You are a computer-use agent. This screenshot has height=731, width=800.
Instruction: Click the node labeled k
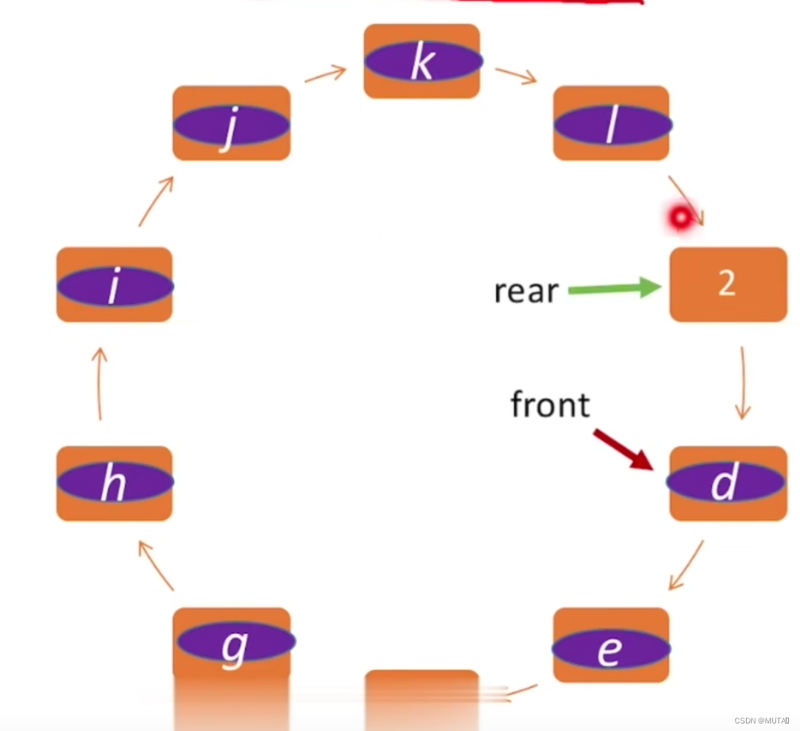coord(422,62)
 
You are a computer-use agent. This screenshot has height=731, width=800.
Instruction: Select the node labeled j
coord(231,123)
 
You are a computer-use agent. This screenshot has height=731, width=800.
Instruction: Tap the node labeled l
coord(611,123)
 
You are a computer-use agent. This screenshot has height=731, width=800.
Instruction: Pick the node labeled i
coord(115,285)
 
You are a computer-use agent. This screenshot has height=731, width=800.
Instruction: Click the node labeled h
coord(115,483)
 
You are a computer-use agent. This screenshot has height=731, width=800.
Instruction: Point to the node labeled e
coord(611,647)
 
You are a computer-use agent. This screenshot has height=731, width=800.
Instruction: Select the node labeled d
coord(727,483)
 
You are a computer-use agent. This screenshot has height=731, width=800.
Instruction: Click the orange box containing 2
coord(727,285)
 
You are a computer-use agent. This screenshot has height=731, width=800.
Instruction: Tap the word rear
coord(526,291)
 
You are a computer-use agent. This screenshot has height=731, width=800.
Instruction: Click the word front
coord(550,405)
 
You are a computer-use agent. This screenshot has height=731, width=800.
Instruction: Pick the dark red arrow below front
coord(623,449)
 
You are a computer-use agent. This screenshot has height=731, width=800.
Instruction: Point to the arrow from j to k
coord(325,74)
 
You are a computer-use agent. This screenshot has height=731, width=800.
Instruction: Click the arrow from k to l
coord(516,75)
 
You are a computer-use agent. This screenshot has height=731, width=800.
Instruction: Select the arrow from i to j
coord(157,201)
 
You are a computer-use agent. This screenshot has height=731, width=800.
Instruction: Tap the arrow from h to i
coord(100,383)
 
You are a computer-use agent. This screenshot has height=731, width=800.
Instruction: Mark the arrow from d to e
coord(687,564)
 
